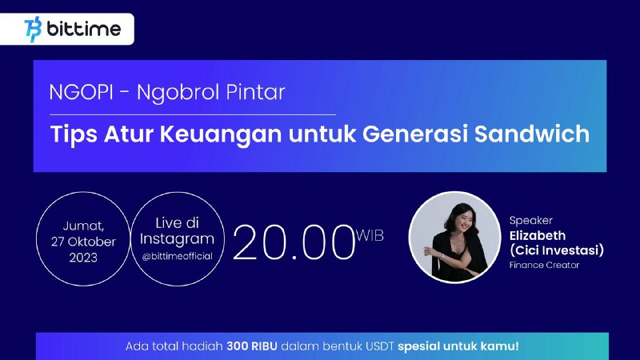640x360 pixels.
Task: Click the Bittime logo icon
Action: (x=33, y=30)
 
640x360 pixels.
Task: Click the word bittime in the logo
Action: (x=84, y=29)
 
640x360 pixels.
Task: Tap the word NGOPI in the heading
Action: (x=81, y=92)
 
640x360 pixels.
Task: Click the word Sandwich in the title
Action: (x=532, y=134)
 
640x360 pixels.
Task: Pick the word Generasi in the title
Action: (x=414, y=134)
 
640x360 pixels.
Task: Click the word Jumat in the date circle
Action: (x=83, y=226)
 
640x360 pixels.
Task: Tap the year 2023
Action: (x=83, y=258)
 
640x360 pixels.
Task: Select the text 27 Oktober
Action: (x=83, y=242)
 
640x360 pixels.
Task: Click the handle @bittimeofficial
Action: (x=177, y=256)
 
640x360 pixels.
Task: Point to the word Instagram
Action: (x=177, y=239)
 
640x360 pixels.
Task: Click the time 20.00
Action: (x=294, y=243)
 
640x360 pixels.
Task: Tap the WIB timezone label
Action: (x=370, y=235)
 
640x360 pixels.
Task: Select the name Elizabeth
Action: (x=538, y=235)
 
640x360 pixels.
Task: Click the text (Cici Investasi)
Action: (x=557, y=250)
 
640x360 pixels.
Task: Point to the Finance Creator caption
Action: (x=545, y=266)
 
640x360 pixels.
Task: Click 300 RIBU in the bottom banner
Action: (x=252, y=346)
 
